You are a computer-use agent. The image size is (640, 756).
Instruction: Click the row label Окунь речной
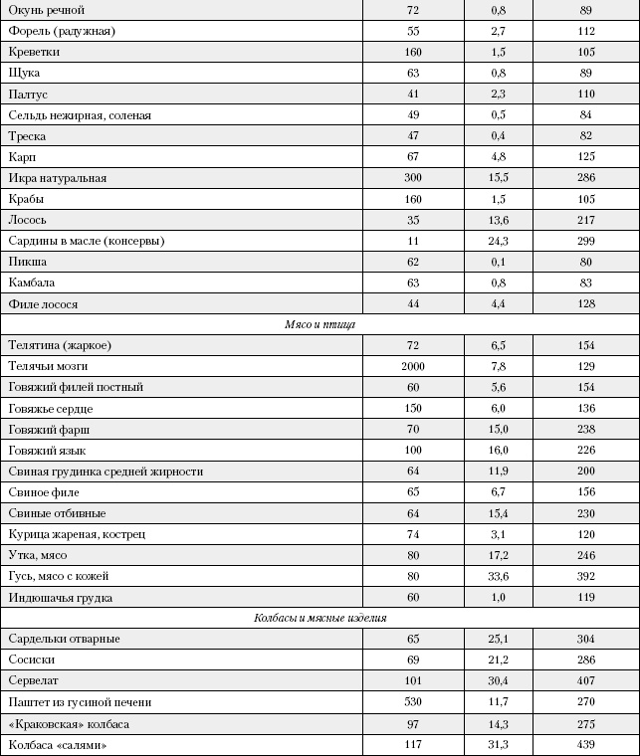pyautogui.click(x=46, y=10)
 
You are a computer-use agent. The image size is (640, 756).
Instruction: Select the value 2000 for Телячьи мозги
pyautogui.click(x=413, y=366)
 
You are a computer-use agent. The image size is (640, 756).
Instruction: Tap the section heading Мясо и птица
pyautogui.click(x=320, y=324)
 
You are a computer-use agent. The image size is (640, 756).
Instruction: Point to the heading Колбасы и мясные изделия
pyautogui.click(x=320, y=618)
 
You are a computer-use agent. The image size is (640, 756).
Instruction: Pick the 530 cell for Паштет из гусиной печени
pyautogui.click(x=413, y=702)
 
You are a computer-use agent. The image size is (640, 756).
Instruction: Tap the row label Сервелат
pyautogui.click(x=36, y=681)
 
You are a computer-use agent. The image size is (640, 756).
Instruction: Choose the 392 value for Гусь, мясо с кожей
pyautogui.click(x=585, y=576)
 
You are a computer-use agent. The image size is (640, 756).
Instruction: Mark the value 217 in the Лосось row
pyautogui.click(x=585, y=220)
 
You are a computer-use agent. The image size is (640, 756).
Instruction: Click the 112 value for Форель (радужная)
pyautogui.click(x=585, y=31)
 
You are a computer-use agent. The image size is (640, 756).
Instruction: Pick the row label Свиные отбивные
pyautogui.click(x=57, y=513)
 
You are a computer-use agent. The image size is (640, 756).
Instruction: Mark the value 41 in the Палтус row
pyautogui.click(x=413, y=94)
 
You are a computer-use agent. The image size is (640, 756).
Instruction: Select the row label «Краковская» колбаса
pyautogui.click(x=69, y=723)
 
